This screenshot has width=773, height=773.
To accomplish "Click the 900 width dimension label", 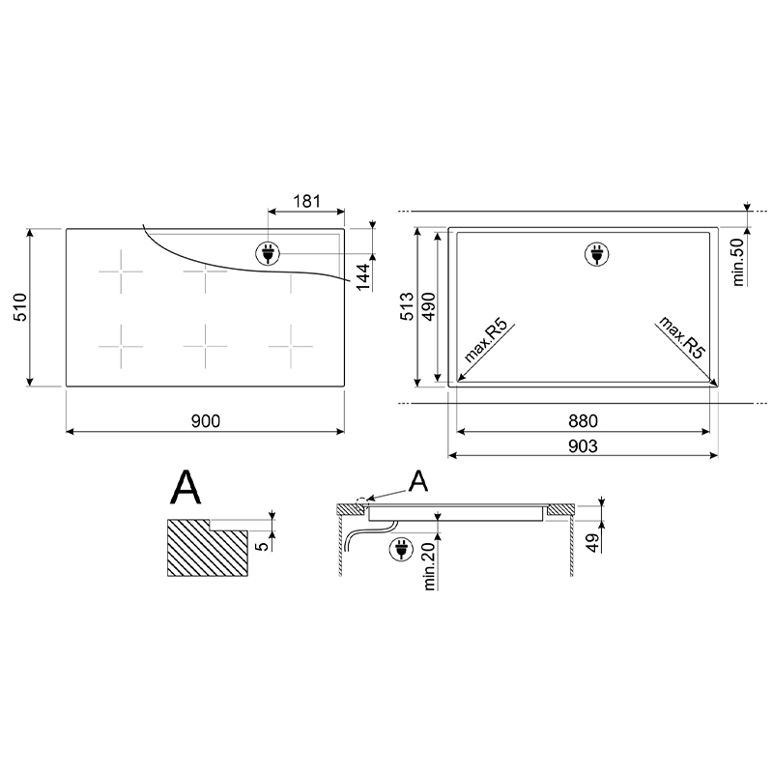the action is pyautogui.click(x=206, y=421).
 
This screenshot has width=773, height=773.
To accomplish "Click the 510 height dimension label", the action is pyautogui.click(x=20, y=307).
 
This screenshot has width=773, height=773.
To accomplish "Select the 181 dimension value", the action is pyautogui.click(x=306, y=201).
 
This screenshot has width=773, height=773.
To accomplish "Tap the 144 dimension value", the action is pyautogui.click(x=362, y=277).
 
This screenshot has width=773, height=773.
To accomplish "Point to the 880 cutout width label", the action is pyautogui.click(x=583, y=421).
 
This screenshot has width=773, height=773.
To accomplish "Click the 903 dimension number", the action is pyautogui.click(x=583, y=446).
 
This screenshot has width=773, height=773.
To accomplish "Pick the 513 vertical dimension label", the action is pyautogui.click(x=407, y=306).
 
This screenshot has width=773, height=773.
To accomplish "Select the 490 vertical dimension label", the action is pyautogui.click(x=429, y=306).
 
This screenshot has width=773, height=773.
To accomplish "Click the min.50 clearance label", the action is pyautogui.click(x=738, y=262).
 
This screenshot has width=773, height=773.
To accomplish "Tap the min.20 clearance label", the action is pyautogui.click(x=429, y=566).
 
